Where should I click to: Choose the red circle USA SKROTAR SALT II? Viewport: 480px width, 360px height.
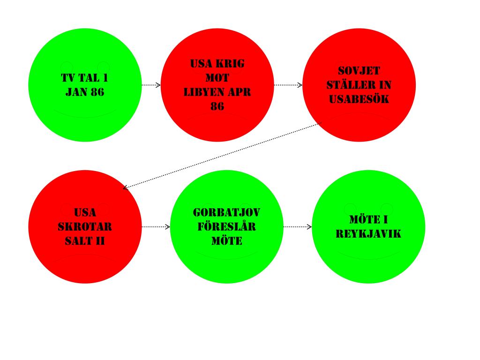point(85,262)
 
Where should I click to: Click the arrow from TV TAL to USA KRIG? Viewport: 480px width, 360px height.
point(151,85)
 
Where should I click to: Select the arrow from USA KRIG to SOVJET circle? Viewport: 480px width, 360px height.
point(288,85)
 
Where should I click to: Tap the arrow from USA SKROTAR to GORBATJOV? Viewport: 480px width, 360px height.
point(156,227)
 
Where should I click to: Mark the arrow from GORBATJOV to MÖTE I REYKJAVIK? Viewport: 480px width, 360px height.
point(298,227)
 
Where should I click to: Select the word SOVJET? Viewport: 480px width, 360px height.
point(359,71)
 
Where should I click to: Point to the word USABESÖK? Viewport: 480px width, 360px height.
point(359,99)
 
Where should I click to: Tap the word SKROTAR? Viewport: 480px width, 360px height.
point(85,227)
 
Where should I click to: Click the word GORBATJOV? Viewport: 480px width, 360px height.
point(226,213)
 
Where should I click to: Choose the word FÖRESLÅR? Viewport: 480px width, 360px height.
point(226,227)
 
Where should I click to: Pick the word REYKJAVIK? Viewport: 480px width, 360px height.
point(368,233)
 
